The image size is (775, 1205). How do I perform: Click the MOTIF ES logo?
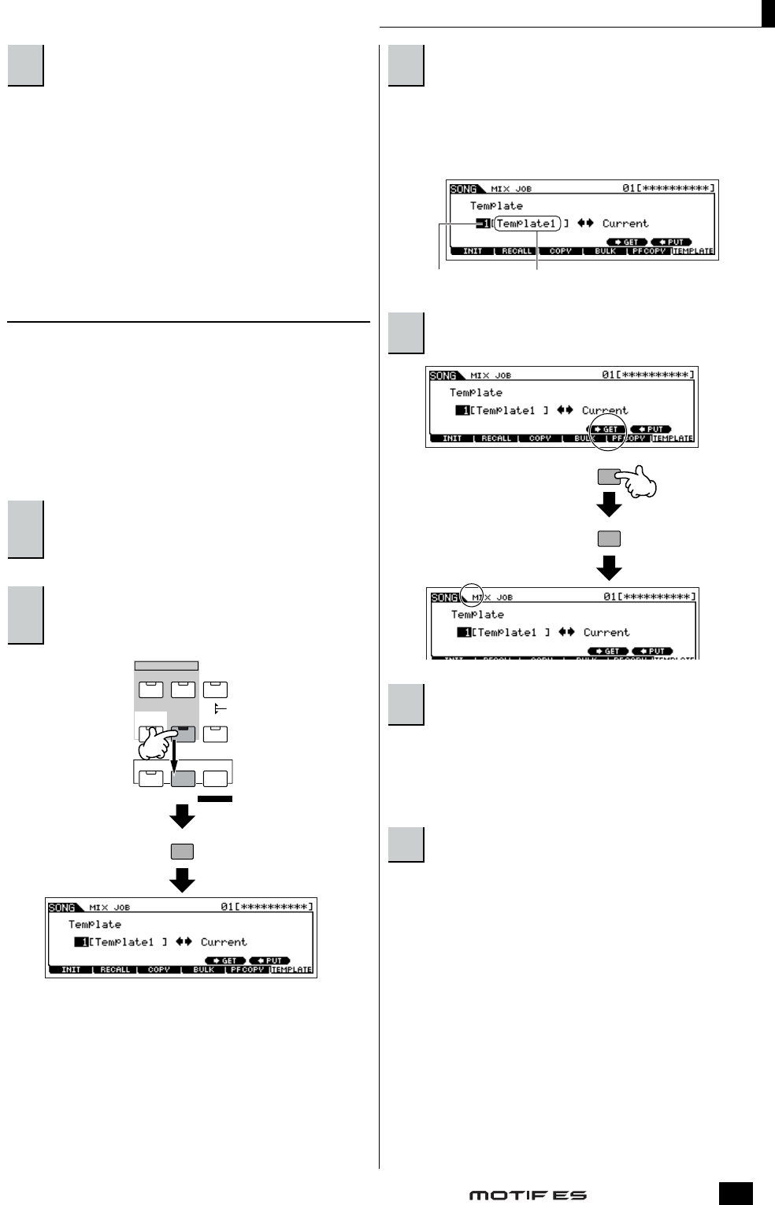click(x=528, y=1195)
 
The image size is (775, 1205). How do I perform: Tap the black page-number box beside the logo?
click(x=735, y=1193)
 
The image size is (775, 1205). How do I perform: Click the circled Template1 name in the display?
click(x=526, y=224)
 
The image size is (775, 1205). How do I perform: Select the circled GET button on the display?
click(x=607, y=430)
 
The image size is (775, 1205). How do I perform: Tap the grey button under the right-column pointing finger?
click(x=609, y=539)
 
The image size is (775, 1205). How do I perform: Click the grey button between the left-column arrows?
click(x=182, y=852)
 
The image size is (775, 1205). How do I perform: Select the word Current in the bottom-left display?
click(x=223, y=942)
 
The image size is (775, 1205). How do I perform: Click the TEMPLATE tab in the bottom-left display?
click(x=291, y=970)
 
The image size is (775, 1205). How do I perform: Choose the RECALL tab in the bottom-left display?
click(x=115, y=970)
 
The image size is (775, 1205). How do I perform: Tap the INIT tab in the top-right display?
click(x=473, y=251)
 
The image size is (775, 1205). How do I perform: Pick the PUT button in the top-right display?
click(x=672, y=242)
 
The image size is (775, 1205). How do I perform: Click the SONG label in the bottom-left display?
click(x=62, y=907)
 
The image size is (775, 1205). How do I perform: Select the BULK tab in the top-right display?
click(x=605, y=251)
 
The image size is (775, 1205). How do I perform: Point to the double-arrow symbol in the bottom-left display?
click(x=184, y=942)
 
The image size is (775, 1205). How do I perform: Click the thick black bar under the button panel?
click(x=215, y=799)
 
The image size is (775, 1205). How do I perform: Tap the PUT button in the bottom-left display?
click(x=270, y=961)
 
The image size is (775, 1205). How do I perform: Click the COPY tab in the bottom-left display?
click(x=159, y=970)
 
